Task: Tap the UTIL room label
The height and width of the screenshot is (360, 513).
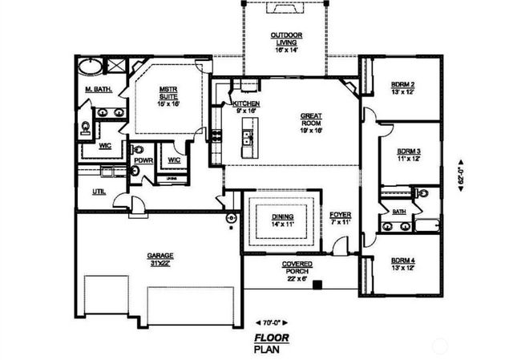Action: click(99, 192)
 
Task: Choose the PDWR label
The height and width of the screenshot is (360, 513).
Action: click(143, 160)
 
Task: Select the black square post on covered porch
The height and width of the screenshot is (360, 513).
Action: click(318, 284)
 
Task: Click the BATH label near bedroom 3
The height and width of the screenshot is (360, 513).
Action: click(398, 212)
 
